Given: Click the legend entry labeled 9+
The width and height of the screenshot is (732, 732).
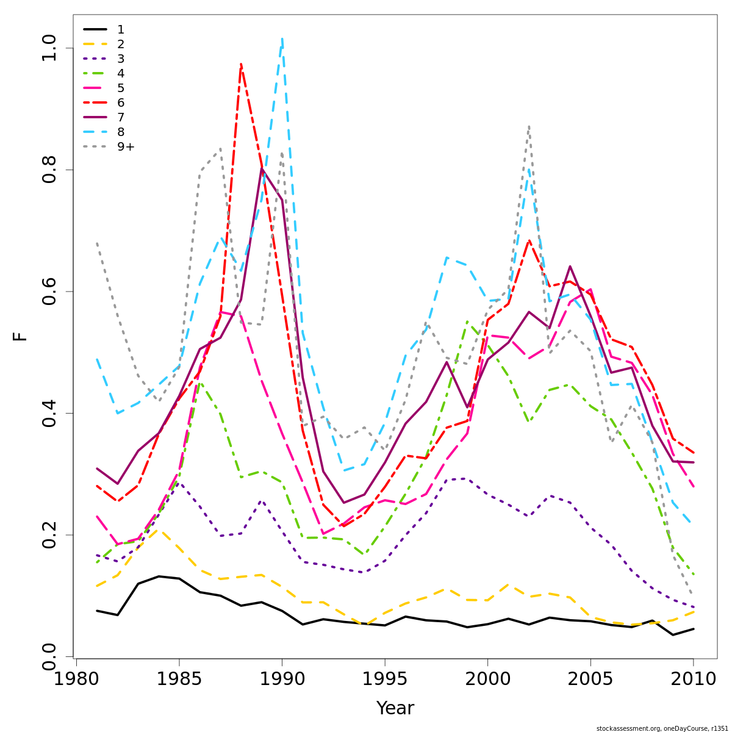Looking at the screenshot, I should tap(126, 146).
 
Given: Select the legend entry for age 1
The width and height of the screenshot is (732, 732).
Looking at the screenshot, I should tap(121, 29).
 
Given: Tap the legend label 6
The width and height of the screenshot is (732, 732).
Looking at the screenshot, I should tap(121, 102).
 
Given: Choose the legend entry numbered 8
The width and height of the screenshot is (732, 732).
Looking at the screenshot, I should tap(121, 132).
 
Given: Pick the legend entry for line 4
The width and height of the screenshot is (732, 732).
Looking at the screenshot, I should tap(121, 73).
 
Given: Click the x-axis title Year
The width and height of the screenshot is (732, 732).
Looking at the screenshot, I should tap(395, 708).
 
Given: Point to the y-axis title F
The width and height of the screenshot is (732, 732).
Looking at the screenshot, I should tap(21, 336).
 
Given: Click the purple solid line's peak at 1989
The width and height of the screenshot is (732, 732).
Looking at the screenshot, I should tap(262, 168).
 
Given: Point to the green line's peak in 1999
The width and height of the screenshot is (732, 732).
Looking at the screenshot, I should tap(467, 321).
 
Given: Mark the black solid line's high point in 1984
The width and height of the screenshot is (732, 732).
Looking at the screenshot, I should tap(159, 576).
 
